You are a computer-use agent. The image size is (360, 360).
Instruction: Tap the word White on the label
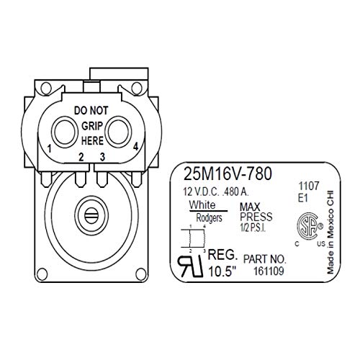coord(201,206)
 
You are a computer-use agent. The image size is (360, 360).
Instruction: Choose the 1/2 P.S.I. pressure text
coord(254,228)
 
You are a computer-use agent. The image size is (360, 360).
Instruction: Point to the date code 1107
coord(307,184)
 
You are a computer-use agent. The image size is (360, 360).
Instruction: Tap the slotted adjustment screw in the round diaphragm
coord(90,213)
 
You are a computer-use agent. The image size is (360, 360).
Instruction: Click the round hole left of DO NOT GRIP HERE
coord(63,131)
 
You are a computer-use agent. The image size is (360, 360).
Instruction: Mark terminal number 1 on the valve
coord(48,148)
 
